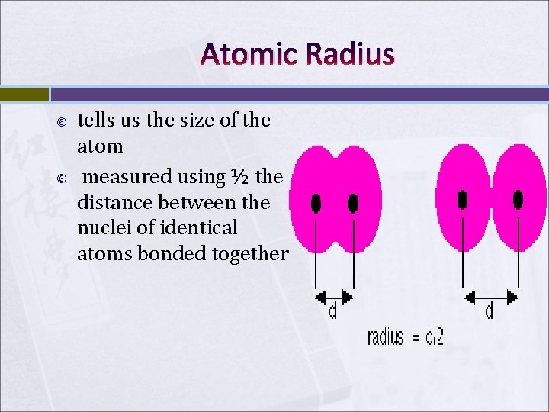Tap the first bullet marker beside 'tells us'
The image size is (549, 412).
62,122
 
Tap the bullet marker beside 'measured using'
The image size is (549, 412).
62,179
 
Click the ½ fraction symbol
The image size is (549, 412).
239,176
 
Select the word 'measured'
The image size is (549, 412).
127,177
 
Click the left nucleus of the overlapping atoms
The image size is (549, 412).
316,204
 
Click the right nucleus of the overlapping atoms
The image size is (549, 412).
353,203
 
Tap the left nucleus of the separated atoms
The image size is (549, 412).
462,199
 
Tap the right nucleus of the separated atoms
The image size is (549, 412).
518,199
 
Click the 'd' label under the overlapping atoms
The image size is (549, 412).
332,312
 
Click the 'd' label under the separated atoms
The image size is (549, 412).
490,311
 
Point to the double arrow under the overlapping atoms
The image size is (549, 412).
335,296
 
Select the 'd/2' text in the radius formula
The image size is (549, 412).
432,337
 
